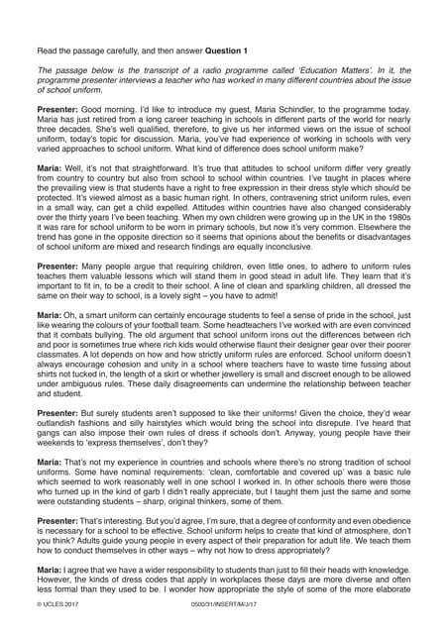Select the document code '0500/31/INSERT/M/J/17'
222,626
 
